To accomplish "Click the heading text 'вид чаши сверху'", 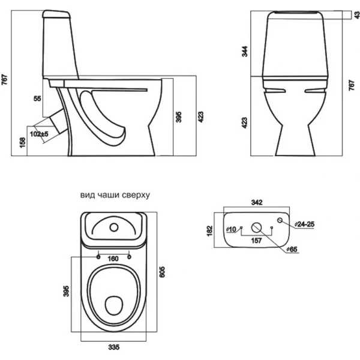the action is point(115,195).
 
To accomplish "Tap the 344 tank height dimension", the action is point(245,52).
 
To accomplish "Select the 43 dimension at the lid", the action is point(357,15).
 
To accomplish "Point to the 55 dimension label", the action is point(37,98).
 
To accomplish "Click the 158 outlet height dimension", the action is point(22,143).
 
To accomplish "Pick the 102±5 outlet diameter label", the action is point(39,134).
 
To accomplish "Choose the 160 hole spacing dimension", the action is point(113,259).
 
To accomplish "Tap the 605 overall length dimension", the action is point(162,272).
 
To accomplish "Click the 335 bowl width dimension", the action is point(114,347).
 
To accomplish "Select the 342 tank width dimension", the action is point(257,202).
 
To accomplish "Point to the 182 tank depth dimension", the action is point(210,231).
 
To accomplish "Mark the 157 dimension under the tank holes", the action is point(256,241).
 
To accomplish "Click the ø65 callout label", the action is point(292,249).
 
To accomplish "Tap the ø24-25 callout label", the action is point(304,224).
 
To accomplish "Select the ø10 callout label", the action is point(231,229).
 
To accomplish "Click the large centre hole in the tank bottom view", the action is point(256,227).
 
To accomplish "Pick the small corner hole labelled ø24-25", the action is point(280,220).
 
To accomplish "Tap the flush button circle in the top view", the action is point(114,227).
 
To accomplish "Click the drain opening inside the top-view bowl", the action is point(114,305).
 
